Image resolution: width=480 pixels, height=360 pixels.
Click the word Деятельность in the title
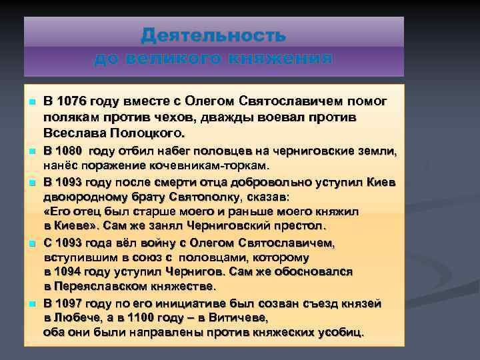click(213, 34)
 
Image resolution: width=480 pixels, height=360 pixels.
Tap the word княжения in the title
click(278, 59)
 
